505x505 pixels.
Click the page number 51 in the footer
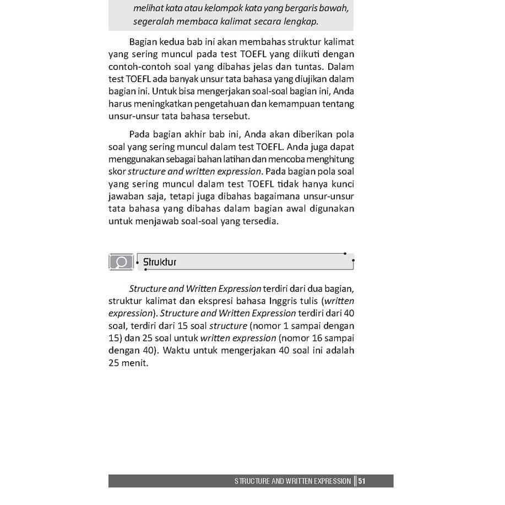(x=362, y=481)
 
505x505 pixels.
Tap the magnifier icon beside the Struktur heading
(x=121, y=262)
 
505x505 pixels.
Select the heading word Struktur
(x=160, y=262)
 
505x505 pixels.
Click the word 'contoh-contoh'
(x=134, y=67)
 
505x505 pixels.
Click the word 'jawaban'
(x=126, y=196)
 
